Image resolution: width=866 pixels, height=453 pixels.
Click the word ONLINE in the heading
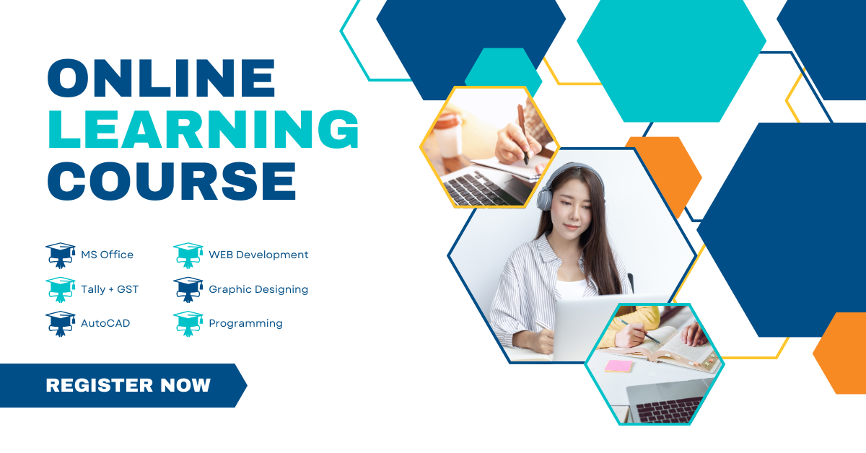(x=161, y=78)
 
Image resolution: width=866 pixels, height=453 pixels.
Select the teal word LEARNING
(x=204, y=129)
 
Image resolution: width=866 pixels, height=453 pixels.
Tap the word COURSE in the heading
(x=172, y=180)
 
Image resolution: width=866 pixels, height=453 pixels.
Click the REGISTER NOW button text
(x=128, y=385)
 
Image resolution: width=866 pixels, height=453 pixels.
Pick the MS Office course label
(x=107, y=255)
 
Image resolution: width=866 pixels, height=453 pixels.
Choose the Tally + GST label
(x=110, y=289)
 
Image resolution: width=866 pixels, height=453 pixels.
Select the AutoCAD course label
(x=105, y=323)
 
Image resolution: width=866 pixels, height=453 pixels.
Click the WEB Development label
(x=258, y=255)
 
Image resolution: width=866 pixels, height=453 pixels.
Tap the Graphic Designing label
(x=258, y=289)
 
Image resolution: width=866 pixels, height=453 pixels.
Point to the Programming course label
(x=245, y=323)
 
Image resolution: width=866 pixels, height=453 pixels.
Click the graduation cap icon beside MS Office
(x=61, y=255)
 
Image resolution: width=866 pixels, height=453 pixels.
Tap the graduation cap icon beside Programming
(x=188, y=324)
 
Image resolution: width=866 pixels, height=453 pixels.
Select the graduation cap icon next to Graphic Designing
(x=188, y=289)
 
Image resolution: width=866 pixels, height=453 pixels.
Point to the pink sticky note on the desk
(x=618, y=366)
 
